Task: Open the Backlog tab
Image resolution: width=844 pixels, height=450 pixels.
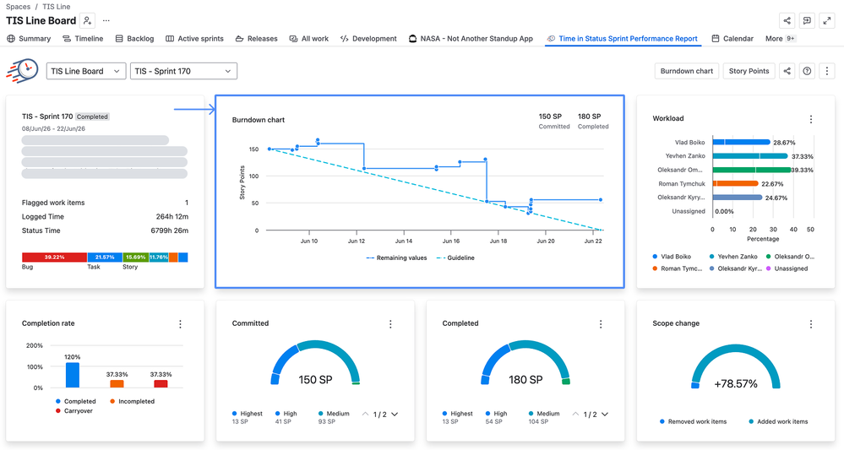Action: pos(134,39)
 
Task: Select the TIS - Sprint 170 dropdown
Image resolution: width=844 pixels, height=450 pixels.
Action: pos(183,71)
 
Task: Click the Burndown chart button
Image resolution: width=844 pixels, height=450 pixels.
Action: pos(686,71)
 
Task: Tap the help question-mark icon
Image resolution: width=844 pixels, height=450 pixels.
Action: pos(807,71)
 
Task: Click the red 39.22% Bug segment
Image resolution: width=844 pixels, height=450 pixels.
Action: pos(54,257)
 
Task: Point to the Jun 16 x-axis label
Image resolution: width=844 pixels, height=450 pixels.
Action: pos(451,241)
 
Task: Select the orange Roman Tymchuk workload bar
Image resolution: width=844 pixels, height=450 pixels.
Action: pos(736,183)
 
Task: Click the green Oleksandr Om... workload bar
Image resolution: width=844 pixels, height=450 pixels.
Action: pos(752,170)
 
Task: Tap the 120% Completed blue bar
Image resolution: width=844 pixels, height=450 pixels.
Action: pos(72,375)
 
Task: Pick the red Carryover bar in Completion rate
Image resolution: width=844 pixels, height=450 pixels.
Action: pos(161,384)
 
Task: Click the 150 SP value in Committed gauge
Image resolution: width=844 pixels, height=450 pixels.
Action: pos(315,380)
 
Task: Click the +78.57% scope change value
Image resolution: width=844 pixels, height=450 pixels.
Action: pos(736,384)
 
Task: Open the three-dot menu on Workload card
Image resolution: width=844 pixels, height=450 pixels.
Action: pos(811,119)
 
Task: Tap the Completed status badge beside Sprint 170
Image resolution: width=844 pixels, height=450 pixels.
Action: pos(92,117)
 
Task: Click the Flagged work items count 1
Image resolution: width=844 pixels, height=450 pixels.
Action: pos(187,203)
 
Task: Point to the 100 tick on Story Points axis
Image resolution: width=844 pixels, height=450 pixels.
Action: pos(253,176)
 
